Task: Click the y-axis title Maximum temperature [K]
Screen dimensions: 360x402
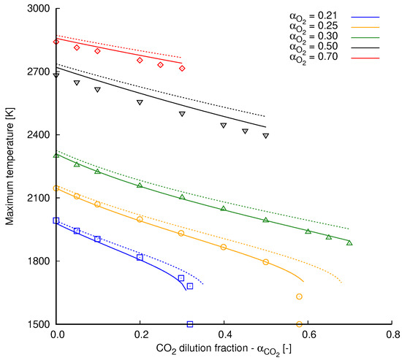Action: tap(9, 166)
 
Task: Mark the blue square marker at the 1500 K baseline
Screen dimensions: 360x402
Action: tap(190, 324)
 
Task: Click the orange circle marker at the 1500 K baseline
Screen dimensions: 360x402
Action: tap(299, 324)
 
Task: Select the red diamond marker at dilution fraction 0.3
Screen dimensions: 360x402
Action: tap(182, 68)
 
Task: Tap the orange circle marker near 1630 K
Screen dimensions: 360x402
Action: tap(299, 296)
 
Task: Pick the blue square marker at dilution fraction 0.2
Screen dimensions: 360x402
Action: tap(140, 257)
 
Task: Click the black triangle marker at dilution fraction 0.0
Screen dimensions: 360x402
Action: tap(56, 75)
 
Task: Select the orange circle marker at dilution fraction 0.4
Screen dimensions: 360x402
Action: tap(224, 247)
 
